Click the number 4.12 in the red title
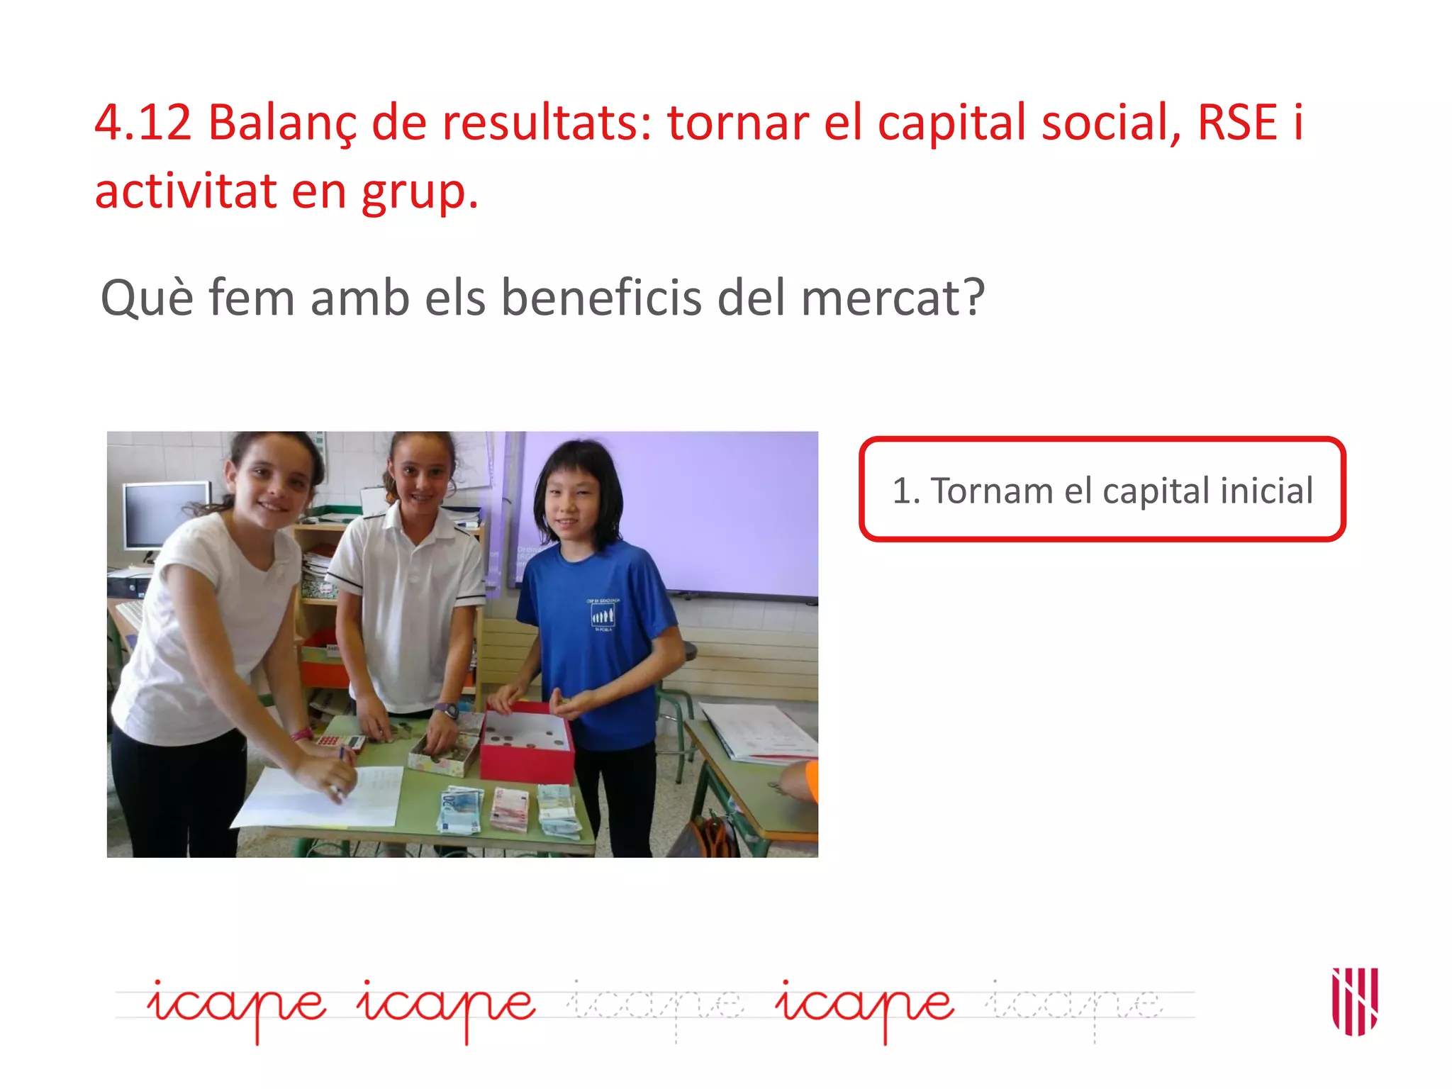coord(143,123)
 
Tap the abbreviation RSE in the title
coord(1237,123)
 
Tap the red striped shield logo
coord(1354,1000)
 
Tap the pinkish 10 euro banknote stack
coord(510,808)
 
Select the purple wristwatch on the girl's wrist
coord(447,709)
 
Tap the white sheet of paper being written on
coord(319,798)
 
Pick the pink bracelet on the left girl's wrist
coord(302,735)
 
